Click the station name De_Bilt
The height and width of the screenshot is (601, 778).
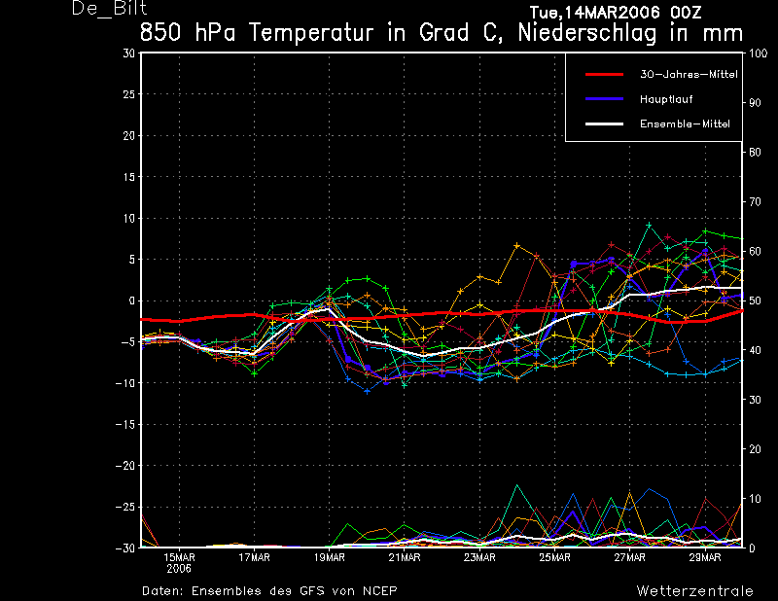(x=109, y=9)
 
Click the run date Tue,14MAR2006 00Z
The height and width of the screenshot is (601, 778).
(x=616, y=12)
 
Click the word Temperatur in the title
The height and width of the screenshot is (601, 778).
(x=311, y=33)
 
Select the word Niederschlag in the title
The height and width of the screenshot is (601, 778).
(x=587, y=34)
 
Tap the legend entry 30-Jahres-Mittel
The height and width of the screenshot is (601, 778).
(x=689, y=75)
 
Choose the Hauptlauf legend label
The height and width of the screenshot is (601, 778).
(x=666, y=99)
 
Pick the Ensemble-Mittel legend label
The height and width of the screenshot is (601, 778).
(x=686, y=124)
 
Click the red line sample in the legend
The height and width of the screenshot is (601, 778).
(x=604, y=75)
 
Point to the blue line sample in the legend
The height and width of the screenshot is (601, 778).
(x=604, y=99)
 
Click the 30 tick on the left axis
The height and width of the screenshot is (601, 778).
(x=129, y=53)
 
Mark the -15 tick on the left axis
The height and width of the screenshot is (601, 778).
(x=125, y=424)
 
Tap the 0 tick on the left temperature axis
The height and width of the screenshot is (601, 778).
(x=132, y=300)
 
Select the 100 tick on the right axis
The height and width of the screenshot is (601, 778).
(x=758, y=53)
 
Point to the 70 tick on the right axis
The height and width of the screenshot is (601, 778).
(x=755, y=201)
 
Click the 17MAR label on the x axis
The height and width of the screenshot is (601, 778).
(x=254, y=558)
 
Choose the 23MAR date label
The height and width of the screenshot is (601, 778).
(x=479, y=558)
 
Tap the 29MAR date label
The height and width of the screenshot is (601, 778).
(x=705, y=558)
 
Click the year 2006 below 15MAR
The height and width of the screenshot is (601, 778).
(x=179, y=569)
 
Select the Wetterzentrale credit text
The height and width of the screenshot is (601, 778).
(x=694, y=591)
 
